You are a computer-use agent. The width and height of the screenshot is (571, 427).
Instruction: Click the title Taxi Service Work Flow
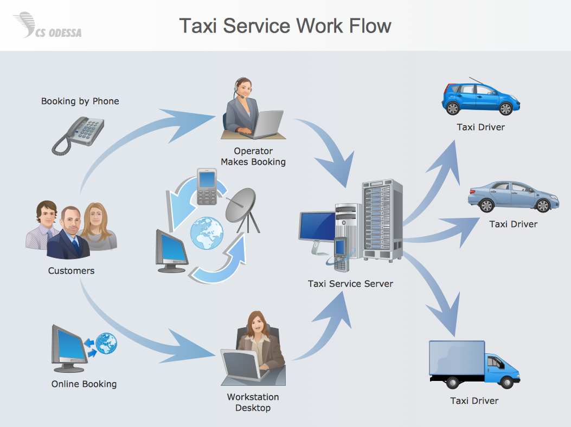click(285, 25)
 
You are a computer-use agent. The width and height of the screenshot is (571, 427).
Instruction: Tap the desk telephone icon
click(78, 135)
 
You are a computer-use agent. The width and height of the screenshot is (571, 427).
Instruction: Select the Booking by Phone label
click(80, 101)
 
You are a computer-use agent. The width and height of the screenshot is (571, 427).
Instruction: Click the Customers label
click(71, 271)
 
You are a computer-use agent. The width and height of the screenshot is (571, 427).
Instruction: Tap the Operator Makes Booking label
click(253, 157)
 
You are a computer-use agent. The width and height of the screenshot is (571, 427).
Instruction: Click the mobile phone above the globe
click(207, 187)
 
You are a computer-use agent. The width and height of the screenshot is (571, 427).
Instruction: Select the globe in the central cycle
click(207, 232)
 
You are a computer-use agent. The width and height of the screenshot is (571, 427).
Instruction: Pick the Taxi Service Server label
click(350, 284)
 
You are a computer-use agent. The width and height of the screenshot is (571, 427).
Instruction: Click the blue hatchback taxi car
click(480, 99)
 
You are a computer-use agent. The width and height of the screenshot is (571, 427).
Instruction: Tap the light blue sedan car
click(512, 196)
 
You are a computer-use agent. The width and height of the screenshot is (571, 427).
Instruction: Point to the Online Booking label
click(84, 384)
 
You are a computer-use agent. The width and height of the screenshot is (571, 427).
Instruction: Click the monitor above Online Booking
click(69, 347)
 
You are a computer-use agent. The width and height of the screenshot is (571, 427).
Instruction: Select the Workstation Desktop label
click(253, 403)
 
